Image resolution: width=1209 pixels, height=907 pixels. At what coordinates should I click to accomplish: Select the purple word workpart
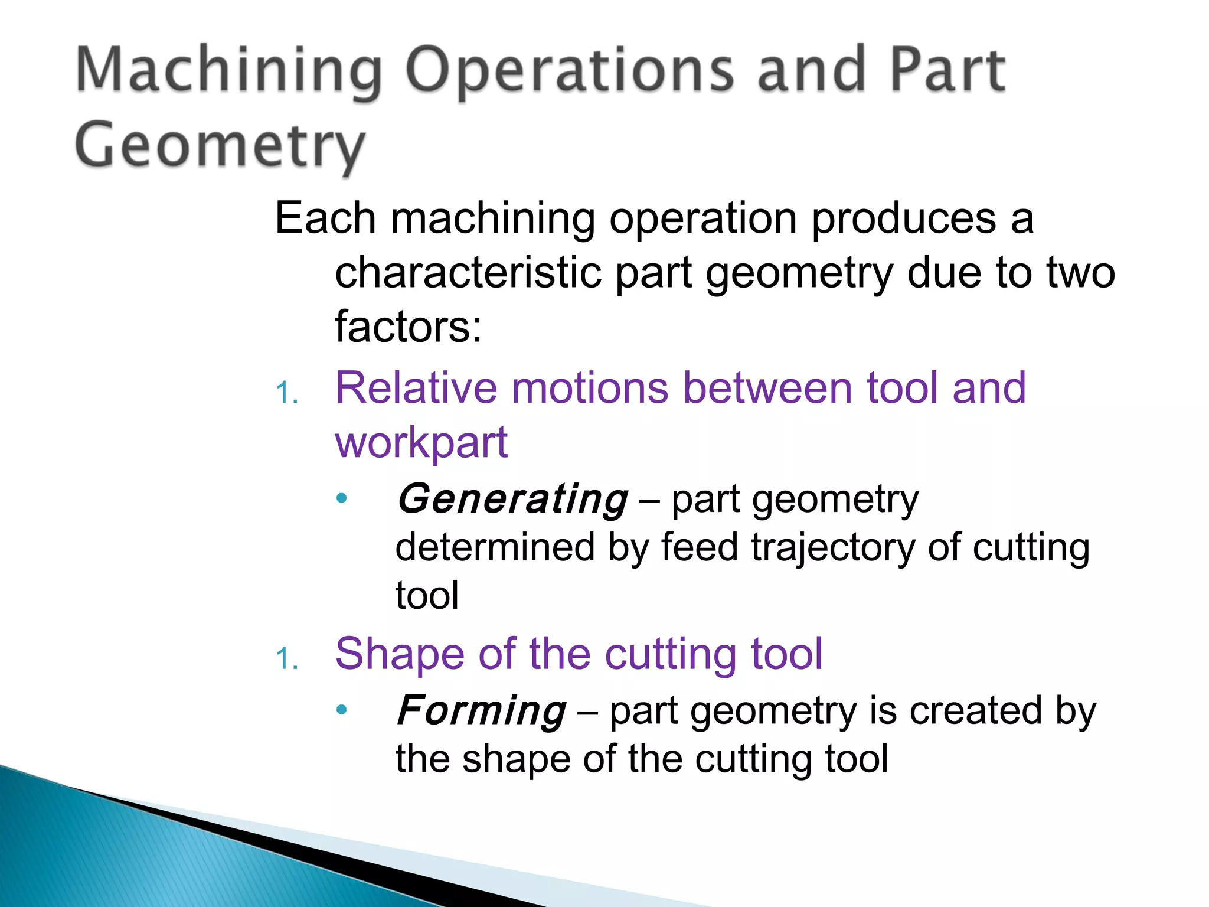click(421, 442)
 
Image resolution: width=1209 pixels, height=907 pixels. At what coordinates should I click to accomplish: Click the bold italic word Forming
click(482, 710)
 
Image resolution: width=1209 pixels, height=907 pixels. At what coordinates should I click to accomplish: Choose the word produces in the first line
click(903, 218)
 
